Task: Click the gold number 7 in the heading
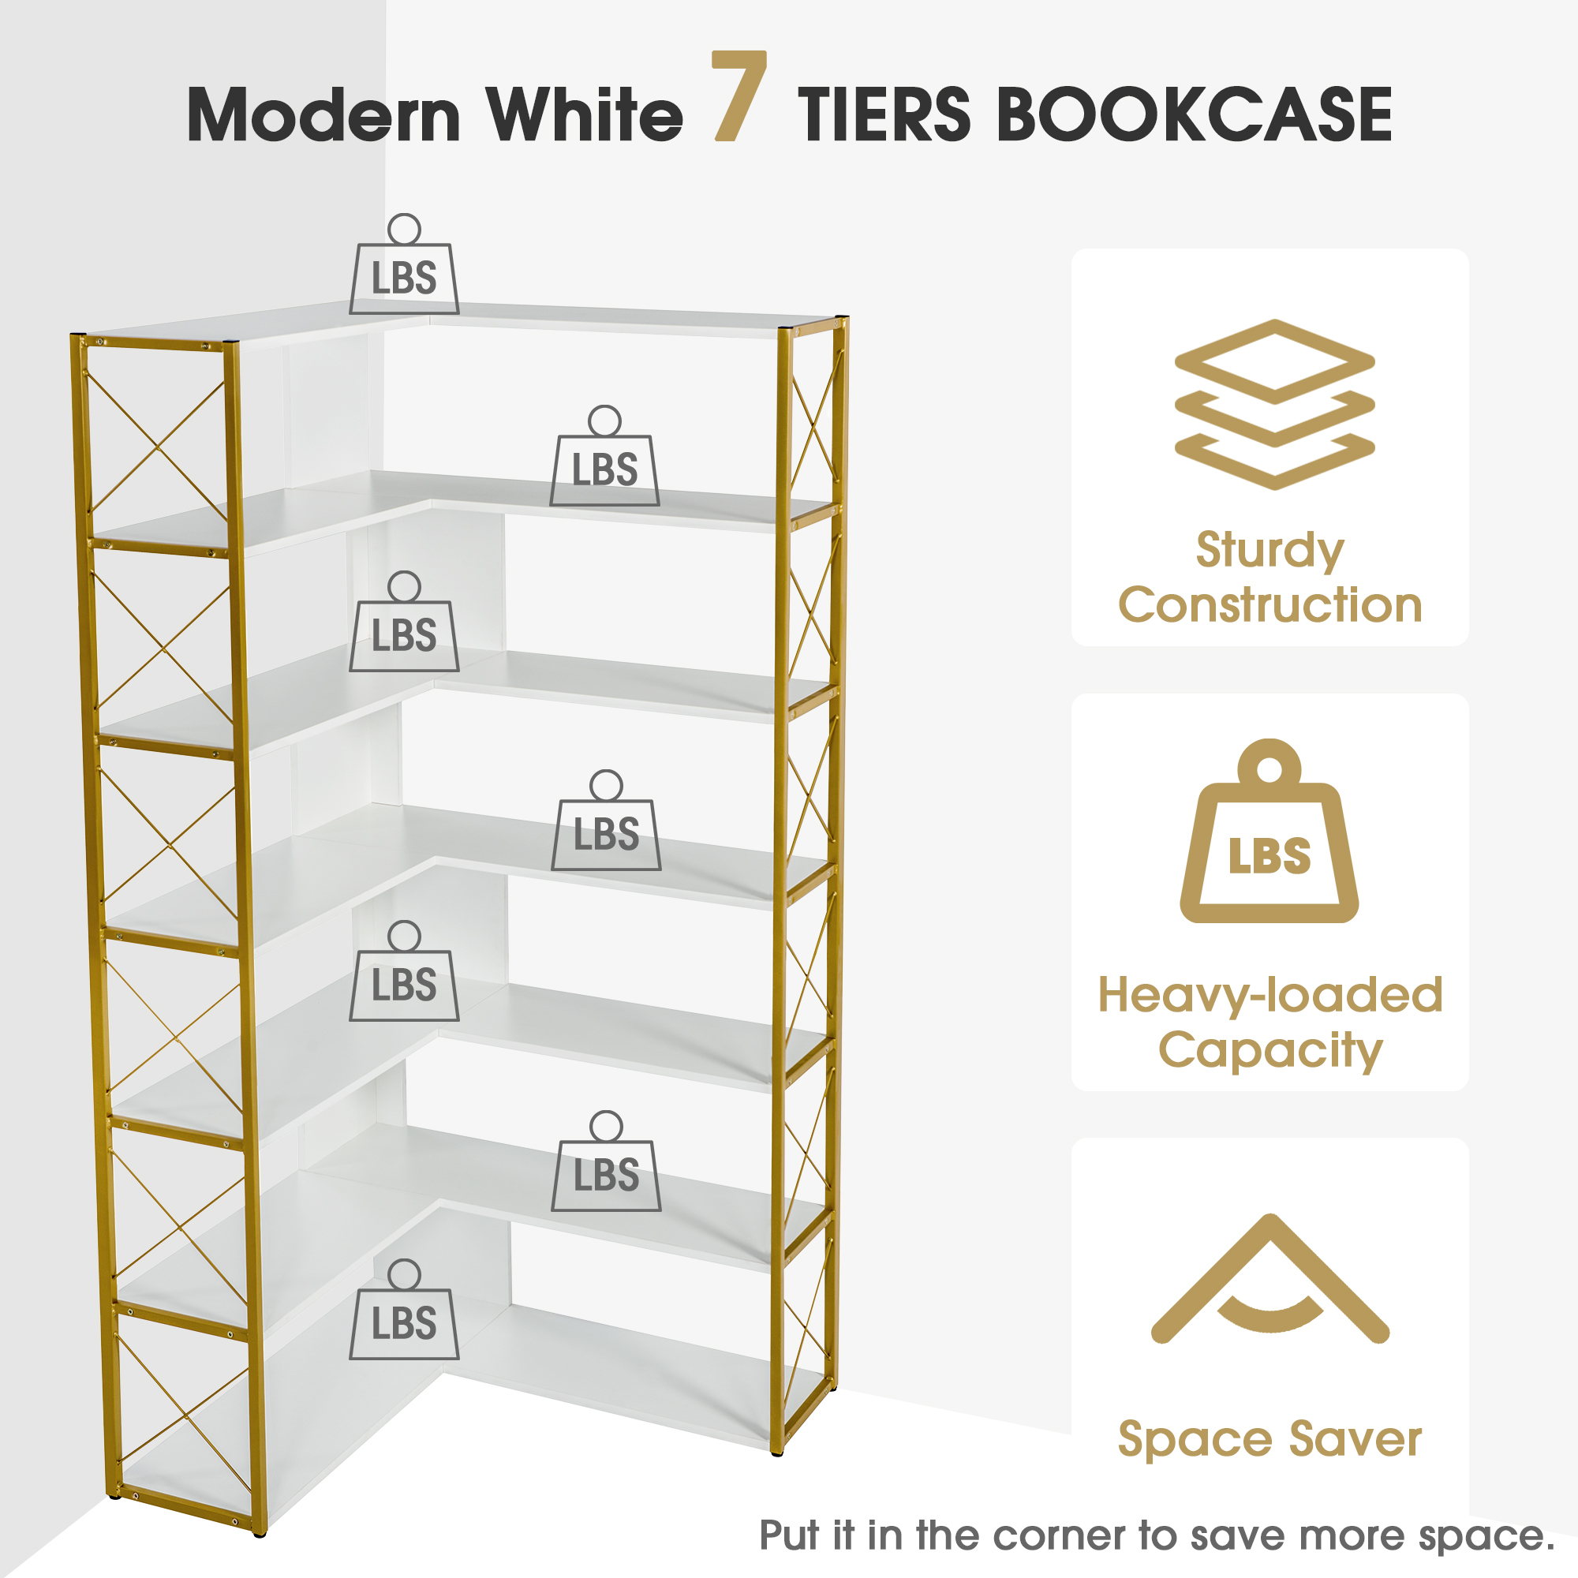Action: (739, 95)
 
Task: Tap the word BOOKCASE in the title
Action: (1194, 114)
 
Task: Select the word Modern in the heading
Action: (325, 114)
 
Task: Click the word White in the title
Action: (585, 114)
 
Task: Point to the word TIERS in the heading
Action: (884, 114)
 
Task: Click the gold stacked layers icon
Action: (1274, 404)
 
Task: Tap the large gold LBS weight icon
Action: (1270, 831)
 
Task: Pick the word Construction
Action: (1270, 605)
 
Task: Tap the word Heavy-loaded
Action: (1270, 995)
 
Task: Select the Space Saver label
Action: (1270, 1439)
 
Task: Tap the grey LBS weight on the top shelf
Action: (404, 264)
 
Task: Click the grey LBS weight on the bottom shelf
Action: (404, 1309)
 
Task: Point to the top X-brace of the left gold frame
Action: (157, 442)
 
